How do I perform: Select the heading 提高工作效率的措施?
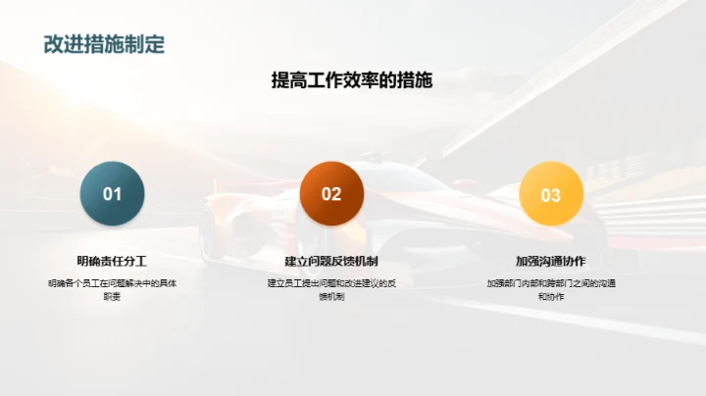click(352, 80)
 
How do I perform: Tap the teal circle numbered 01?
click(113, 194)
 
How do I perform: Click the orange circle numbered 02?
click(331, 194)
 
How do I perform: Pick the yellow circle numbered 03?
click(551, 194)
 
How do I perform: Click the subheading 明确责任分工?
click(113, 261)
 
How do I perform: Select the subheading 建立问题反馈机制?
click(331, 261)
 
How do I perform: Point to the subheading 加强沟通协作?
click(551, 261)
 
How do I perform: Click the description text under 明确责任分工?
click(113, 289)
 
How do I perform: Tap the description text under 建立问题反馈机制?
click(331, 289)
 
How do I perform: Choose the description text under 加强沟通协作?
click(551, 289)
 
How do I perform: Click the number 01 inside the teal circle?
click(113, 194)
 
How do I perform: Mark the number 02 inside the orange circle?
click(331, 194)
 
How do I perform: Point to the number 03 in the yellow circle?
click(551, 195)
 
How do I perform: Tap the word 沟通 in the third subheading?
click(551, 261)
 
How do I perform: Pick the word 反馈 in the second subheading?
click(338, 261)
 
